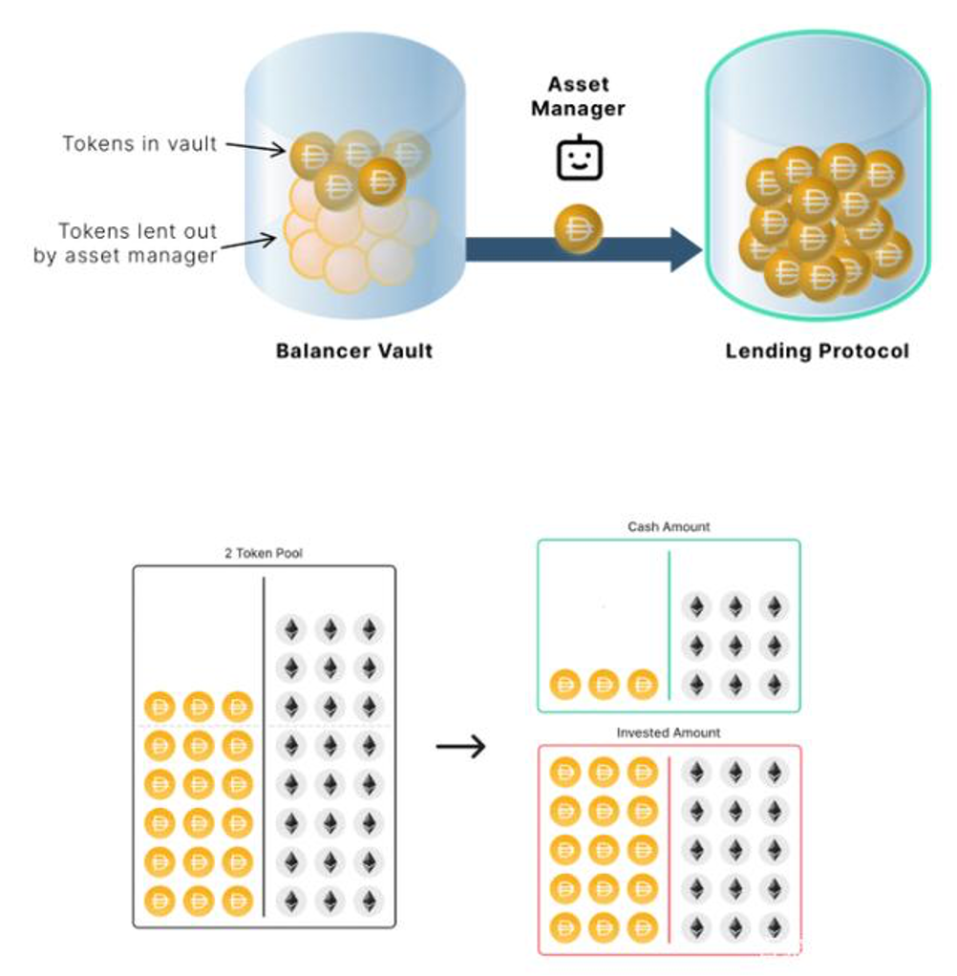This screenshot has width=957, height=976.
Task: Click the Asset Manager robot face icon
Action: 579,158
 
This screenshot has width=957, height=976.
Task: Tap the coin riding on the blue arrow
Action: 579,229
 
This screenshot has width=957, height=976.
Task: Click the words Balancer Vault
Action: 353,351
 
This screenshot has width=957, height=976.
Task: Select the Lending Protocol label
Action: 817,351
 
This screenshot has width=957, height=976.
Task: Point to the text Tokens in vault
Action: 139,144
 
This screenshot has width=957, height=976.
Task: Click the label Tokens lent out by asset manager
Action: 125,244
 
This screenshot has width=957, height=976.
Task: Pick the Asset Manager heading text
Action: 578,96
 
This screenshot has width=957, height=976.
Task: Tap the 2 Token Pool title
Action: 264,553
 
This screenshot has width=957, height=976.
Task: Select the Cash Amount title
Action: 669,526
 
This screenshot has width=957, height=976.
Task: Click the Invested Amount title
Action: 669,732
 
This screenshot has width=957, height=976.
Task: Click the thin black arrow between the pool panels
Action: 460,746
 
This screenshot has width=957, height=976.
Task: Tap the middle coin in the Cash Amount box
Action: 604,685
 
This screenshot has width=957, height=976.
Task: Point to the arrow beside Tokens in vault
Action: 255,147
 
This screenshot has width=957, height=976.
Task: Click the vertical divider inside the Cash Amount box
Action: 670,626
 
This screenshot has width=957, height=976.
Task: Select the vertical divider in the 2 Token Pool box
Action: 264,747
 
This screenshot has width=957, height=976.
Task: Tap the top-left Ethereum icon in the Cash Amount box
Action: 696,606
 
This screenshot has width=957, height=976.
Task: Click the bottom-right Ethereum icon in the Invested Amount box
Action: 774,927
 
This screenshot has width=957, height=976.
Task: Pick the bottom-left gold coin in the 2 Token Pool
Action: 159,901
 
